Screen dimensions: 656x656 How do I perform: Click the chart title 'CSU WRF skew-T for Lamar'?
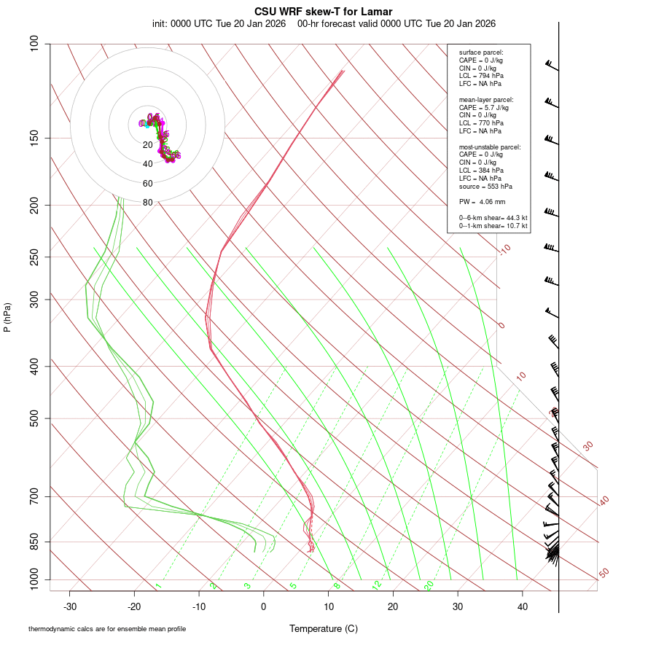324,12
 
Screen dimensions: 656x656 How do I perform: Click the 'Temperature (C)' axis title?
324,628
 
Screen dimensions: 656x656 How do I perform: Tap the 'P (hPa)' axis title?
7,318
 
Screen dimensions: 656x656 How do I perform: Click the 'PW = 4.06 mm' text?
482,202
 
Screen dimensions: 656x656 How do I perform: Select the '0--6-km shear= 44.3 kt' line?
493,218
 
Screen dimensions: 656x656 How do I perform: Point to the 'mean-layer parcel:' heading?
486,99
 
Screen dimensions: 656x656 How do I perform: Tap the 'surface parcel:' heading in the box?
481,52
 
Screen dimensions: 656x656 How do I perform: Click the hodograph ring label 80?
148,203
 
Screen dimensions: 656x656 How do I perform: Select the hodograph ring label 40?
148,164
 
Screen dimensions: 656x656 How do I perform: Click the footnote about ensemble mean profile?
107,628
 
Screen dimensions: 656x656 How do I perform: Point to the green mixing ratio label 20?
429,585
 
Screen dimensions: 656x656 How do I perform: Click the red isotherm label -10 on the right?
504,249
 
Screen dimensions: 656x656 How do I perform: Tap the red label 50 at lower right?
604,574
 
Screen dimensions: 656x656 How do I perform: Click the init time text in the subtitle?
219,23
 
